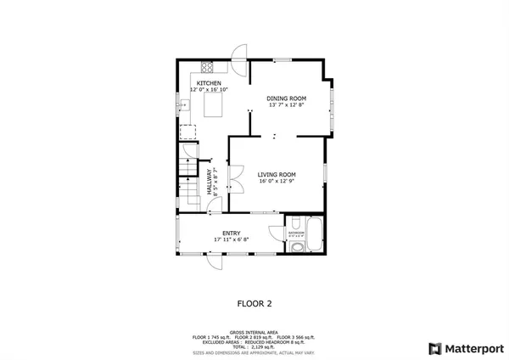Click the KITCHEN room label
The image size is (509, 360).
(x=209, y=83)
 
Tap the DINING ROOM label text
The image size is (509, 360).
(x=287, y=98)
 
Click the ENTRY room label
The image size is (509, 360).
(x=231, y=233)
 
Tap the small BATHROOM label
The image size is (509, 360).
(x=295, y=231)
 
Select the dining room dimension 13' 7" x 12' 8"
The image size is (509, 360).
(x=287, y=105)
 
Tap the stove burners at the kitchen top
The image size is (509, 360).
(x=206, y=66)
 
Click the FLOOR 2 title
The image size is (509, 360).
(x=254, y=301)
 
